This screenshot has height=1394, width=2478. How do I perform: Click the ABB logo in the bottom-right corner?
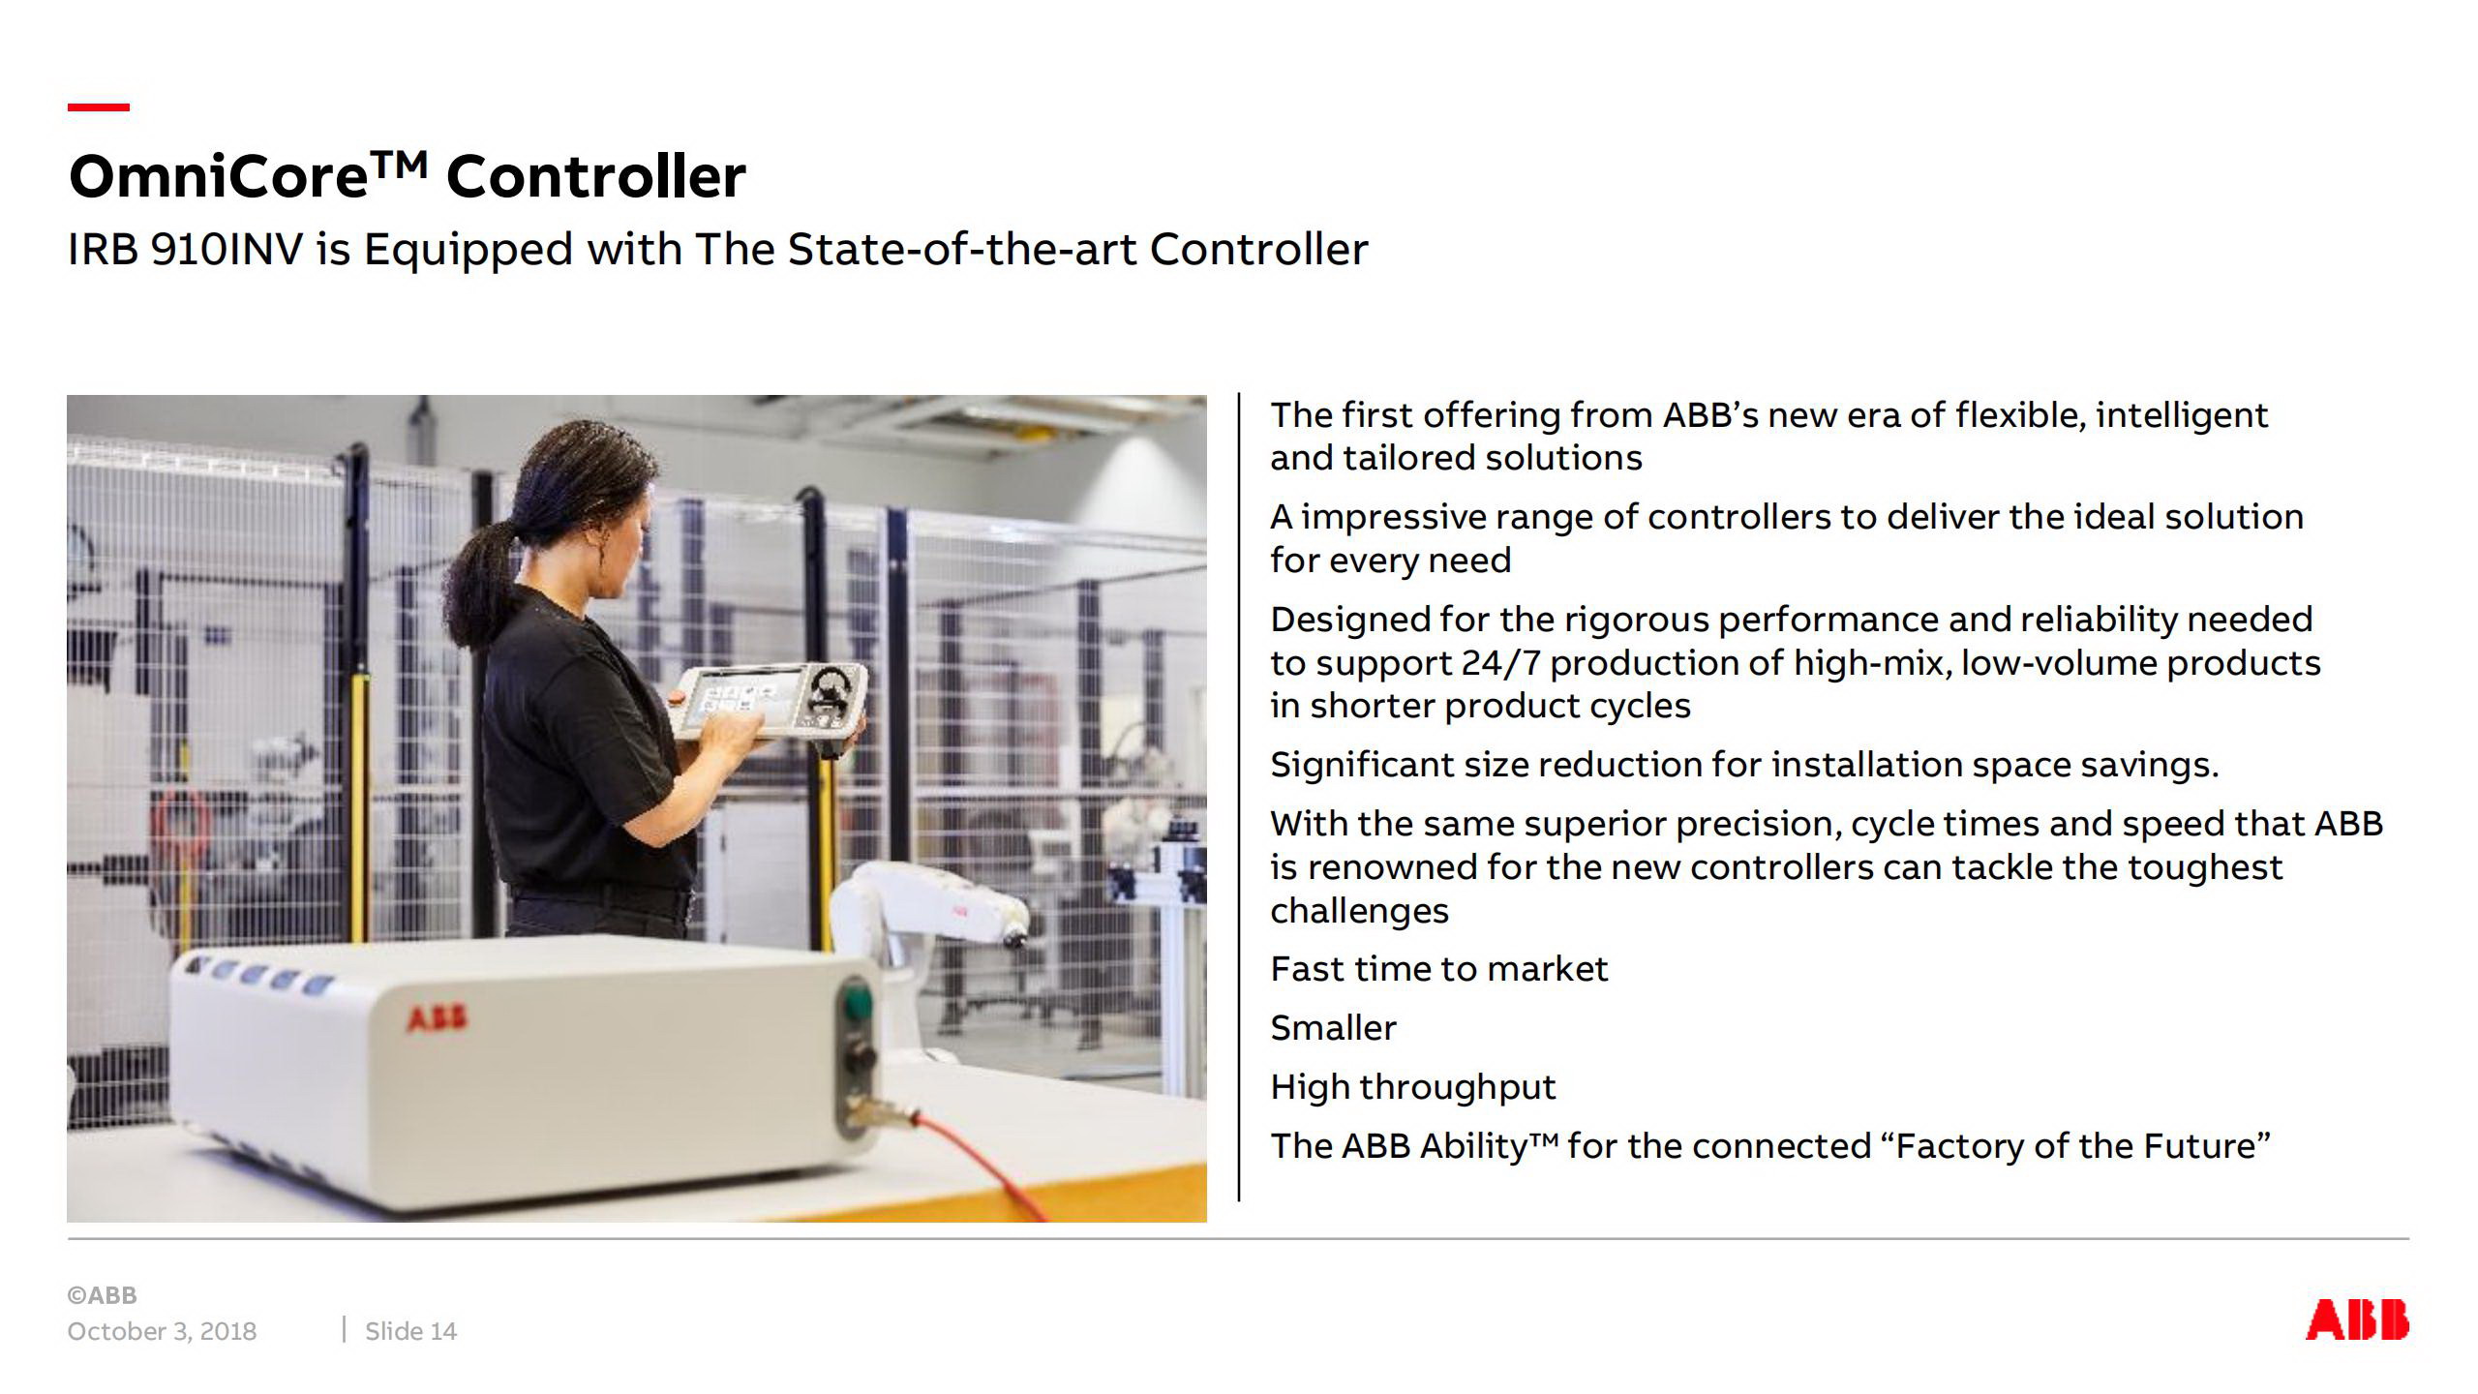pos(2357,1320)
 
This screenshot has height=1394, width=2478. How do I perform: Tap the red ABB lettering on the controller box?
pos(437,1018)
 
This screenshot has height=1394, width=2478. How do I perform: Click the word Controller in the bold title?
pos(595,177)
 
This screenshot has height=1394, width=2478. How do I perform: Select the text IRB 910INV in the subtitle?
pos(185,250)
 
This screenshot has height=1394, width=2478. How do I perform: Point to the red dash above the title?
pos(98,107)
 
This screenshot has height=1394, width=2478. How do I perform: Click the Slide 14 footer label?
pos(410,1332)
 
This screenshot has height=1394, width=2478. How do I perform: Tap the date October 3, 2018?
pos(162,1332)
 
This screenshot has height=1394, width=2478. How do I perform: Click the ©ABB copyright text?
pos(102,1295)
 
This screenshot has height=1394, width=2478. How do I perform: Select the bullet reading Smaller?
pos(1333,1028)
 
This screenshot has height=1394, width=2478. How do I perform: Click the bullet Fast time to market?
pos(1438,969)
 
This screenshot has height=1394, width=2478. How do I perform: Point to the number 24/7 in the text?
pos(1500,663)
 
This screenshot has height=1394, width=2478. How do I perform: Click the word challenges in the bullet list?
pos(1359,911)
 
